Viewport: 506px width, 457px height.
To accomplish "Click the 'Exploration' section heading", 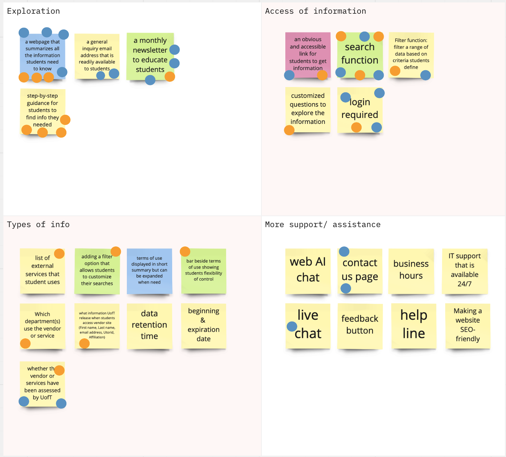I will click(33, 11).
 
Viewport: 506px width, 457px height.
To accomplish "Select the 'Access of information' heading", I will click(315, 11).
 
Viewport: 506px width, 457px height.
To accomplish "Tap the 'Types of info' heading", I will click(38, 225).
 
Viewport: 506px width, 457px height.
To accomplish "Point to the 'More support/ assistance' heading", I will click(323, 225).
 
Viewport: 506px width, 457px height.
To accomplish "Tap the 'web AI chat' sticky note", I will click(308, 270).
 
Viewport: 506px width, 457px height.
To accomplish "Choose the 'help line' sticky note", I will click(414, 325).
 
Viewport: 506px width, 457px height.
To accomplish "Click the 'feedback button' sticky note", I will click(359, 325).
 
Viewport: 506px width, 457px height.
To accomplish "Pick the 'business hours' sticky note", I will click(411, 270).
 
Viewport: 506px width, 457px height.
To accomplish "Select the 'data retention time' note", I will click(149, 325).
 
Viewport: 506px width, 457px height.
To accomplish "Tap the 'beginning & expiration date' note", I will click(203, 325).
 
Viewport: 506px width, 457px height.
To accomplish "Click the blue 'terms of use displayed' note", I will click(149, 270).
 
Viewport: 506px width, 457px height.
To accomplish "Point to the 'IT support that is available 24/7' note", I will click(465, 270).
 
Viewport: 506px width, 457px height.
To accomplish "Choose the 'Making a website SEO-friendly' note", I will click(467, 325).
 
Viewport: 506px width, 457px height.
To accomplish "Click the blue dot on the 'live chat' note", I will click(292, 326).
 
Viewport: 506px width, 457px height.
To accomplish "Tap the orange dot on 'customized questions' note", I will click(289, 130).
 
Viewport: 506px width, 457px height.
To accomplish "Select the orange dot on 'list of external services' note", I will click(59, 253).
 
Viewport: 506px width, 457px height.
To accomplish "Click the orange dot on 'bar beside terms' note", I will click(185, 251).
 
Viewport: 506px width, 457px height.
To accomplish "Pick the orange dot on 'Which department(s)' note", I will click(25, 343).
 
